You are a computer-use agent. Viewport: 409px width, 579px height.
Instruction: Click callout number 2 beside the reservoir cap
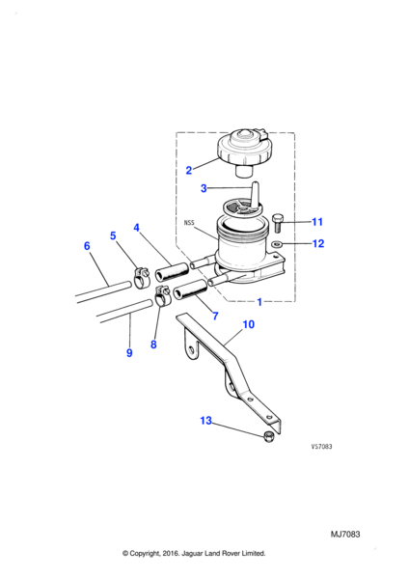pos(189,170)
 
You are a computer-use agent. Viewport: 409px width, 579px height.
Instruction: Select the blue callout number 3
pos(204,188)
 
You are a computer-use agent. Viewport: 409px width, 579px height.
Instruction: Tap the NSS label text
pos(189,223)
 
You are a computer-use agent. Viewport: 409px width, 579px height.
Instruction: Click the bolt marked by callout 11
pos(278,223)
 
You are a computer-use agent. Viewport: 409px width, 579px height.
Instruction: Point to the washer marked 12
pos(276,243)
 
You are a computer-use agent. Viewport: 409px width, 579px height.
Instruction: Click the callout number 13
pos(206,421)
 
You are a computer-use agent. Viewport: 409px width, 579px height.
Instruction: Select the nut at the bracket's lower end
pos(269,437)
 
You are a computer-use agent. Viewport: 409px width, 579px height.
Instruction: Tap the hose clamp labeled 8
pos(161,297)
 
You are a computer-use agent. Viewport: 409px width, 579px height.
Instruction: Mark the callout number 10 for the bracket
pos(249,324)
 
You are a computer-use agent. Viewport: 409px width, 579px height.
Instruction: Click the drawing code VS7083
pos(321,447)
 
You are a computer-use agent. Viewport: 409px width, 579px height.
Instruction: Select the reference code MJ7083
pos(345,535)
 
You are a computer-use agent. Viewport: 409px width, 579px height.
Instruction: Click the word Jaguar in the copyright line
pos(192,554)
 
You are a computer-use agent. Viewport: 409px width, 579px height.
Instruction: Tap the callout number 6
pos(87,246)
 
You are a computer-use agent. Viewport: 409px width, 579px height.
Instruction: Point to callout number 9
pos(129,353)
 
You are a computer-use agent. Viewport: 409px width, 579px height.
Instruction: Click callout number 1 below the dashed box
pos(259,302)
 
